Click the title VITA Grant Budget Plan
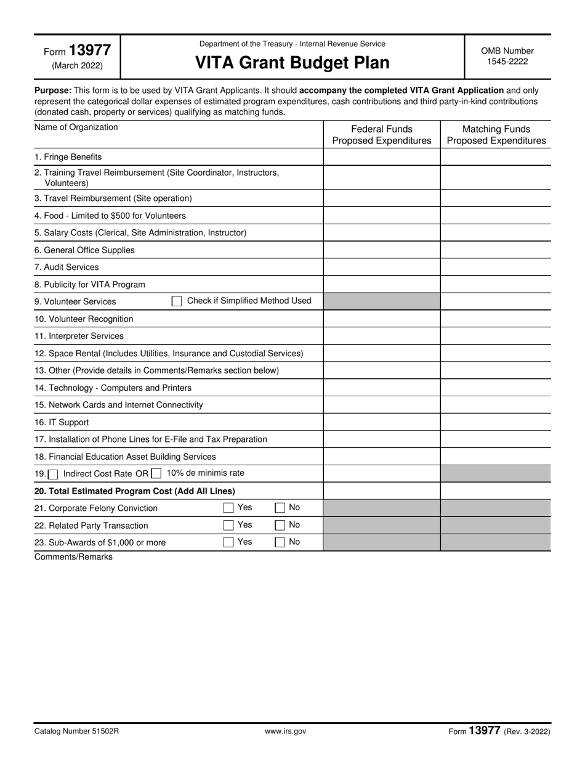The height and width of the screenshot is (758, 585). tap(292, 63)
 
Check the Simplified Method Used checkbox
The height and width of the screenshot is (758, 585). tap(177, 301)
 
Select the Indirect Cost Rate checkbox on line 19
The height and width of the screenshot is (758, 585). tap(54, 474)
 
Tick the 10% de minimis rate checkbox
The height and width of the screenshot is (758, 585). tap(156, 474)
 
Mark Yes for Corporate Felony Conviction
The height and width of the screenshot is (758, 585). tap(228, 508)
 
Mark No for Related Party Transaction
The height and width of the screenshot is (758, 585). tap(280, 526)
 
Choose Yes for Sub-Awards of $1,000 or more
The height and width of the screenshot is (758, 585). tap(228, 543)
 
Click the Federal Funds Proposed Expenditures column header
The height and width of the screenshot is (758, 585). tap(382, 135)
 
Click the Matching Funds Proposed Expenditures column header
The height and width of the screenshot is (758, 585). tap(496, 135)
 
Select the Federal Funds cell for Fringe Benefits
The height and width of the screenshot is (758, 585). tap(382, 157)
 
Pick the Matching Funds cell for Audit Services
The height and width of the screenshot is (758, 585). tap(496, 267)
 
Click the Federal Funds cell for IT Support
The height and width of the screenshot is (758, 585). tap(382, 423)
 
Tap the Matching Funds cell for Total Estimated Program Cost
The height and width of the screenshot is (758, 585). tap(496, 491)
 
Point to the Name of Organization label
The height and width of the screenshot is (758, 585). tap(76, 128)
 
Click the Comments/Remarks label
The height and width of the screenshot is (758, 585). tap(73, 557)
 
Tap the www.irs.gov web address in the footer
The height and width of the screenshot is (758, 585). tap(285, 732)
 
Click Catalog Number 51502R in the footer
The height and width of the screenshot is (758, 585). tap(76, 732)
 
